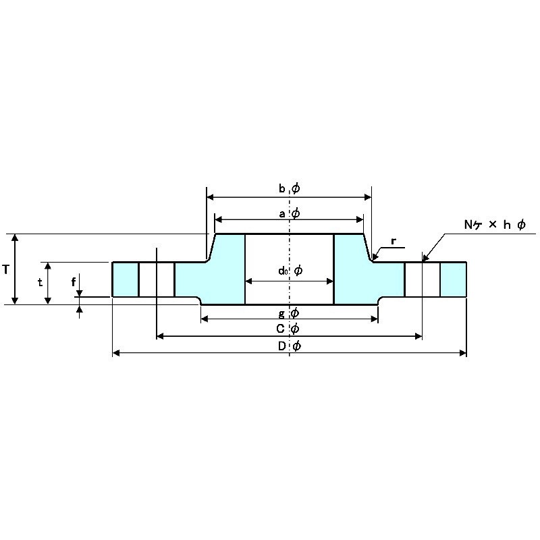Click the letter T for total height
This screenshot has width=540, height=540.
click(x=5, y=269)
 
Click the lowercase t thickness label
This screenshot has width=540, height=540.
click(x=40, y=282)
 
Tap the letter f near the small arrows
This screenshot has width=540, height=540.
click(x=74, y=282)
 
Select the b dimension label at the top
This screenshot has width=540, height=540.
click(x=282, y=188)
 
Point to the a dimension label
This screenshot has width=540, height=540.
click(x=282, y=214)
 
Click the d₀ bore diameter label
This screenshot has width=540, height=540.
click(x=283, y=271)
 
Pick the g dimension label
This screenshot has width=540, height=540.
click(x=281, y=314)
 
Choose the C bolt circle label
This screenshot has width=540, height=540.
click(x=280, y=329)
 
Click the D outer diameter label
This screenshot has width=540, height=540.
click(x=281, y=346)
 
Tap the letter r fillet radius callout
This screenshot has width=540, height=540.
click(x=394, y=242)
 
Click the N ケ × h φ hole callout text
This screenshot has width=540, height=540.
click(x=495, y=225)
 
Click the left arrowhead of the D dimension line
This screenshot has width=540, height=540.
click(x=116, y=352)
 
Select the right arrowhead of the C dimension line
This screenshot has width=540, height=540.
click(x=418, y=336)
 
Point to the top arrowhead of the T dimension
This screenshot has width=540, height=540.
click(x=15, y=238)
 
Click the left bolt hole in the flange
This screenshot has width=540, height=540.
click(x=157, y=279)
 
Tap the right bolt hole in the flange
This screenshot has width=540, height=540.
click(x=423, y=279)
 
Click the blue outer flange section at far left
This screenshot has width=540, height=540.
click(x=126, y=279)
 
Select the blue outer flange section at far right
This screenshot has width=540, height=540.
click(x=453, y=279)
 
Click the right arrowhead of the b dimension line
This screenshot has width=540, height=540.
click(x=368, y=197)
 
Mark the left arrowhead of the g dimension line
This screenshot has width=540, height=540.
click(x=205, y=319)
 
